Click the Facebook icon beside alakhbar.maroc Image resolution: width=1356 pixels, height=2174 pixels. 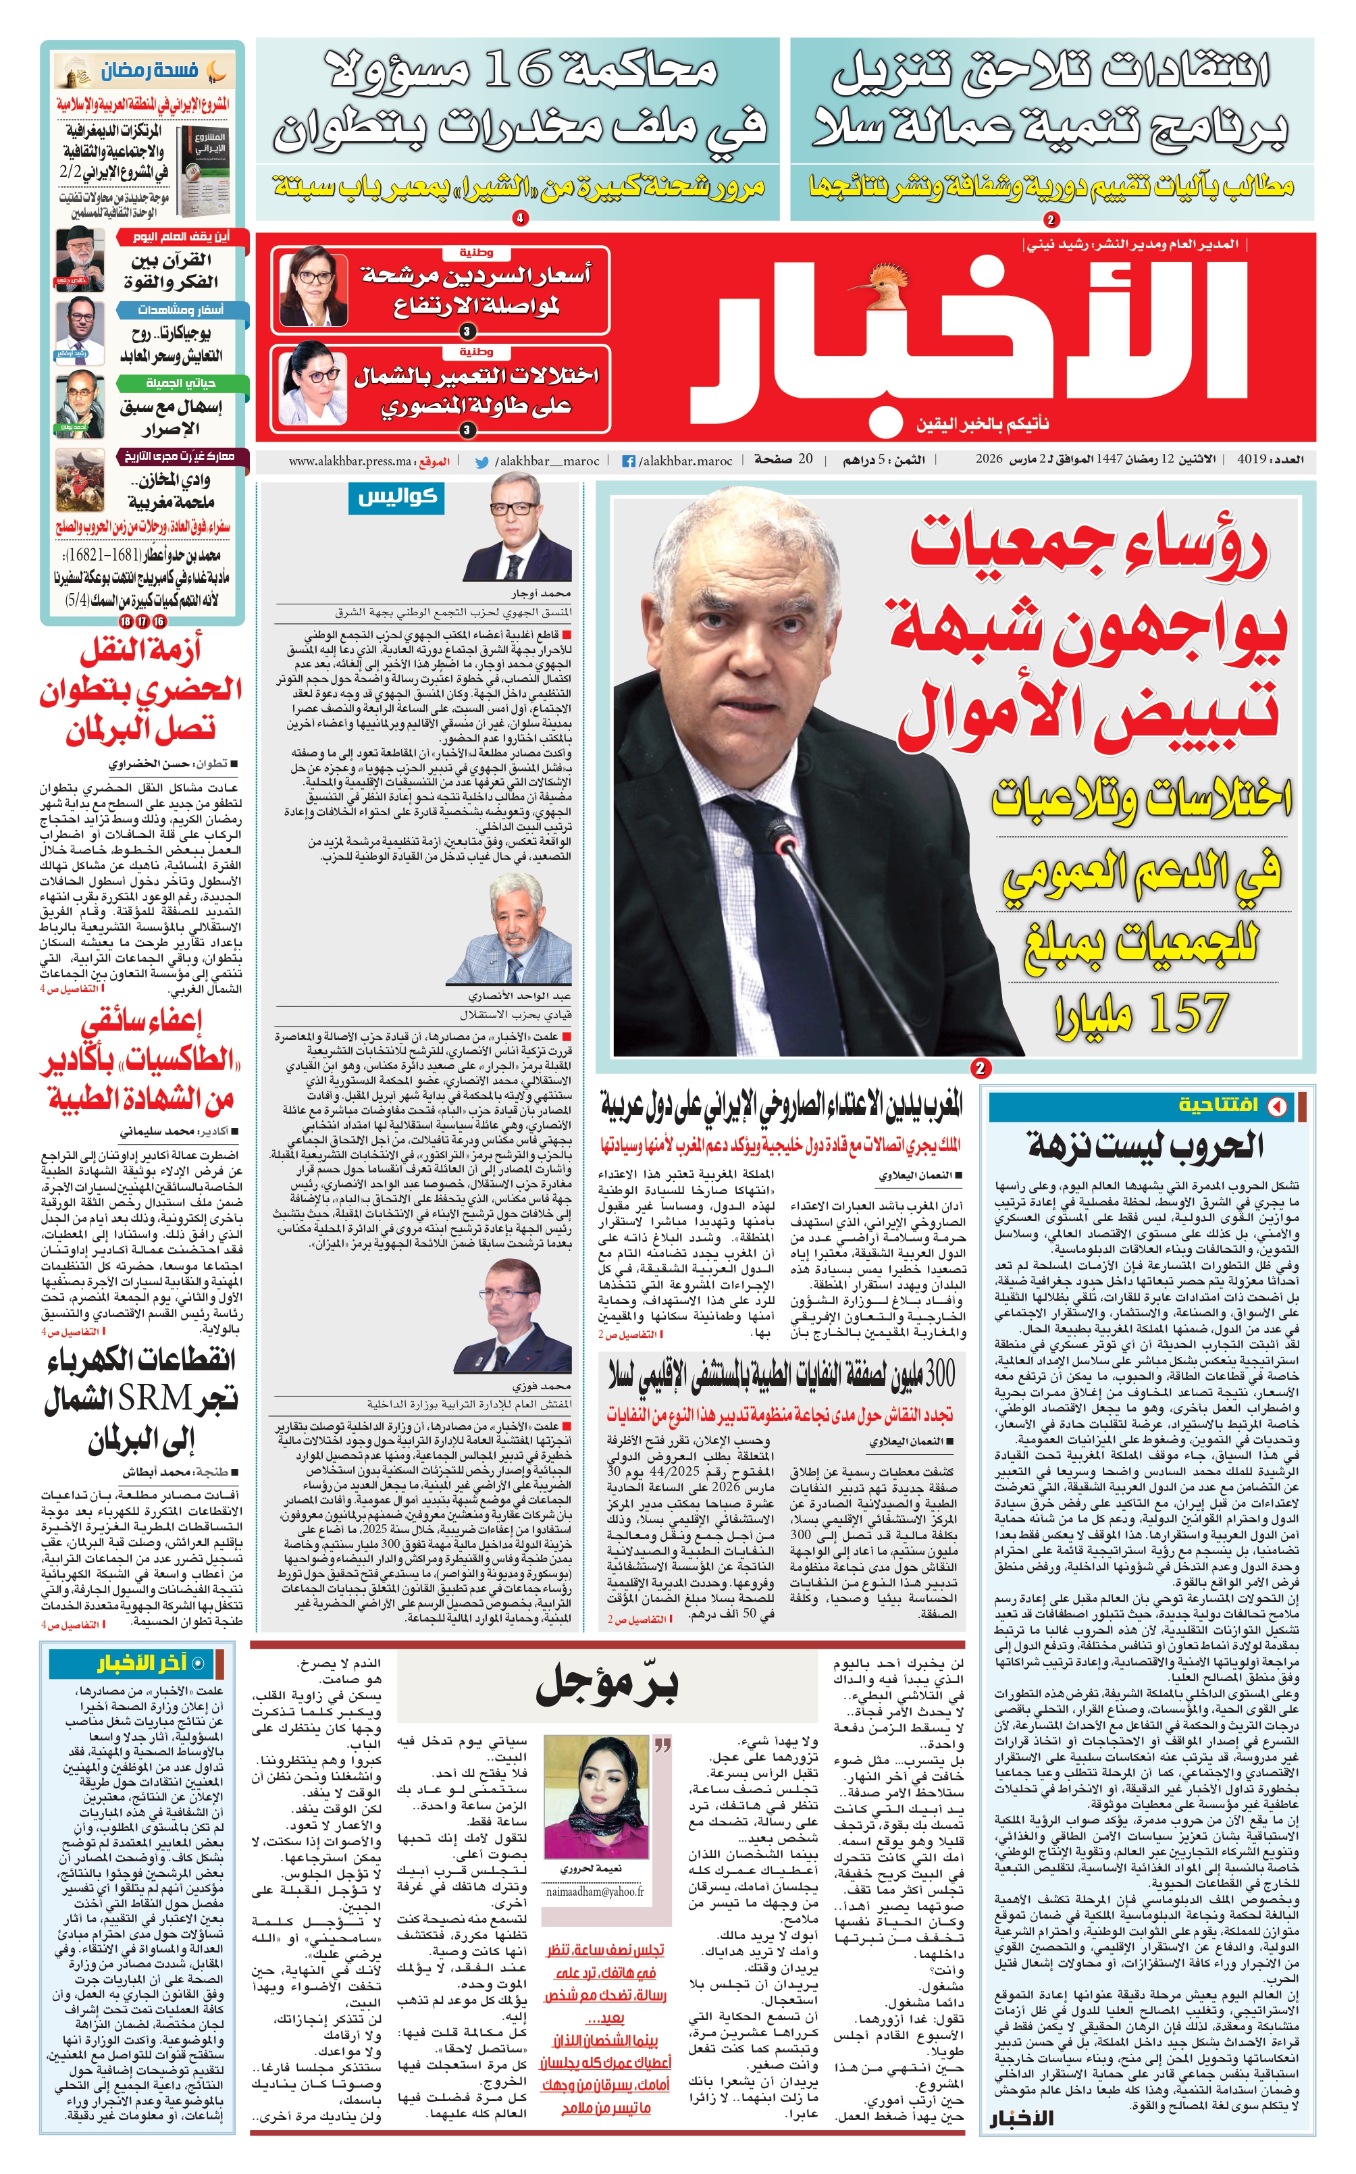pyautogui.click(x=629, y=461)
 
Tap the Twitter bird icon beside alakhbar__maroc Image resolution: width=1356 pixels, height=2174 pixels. pyautogui.click(x=481, y=461)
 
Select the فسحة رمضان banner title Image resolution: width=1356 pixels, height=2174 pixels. pyautogui.click(x=150, y=70)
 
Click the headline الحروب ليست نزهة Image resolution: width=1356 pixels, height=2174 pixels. pyautogui.click(x=1146, y=1144)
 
